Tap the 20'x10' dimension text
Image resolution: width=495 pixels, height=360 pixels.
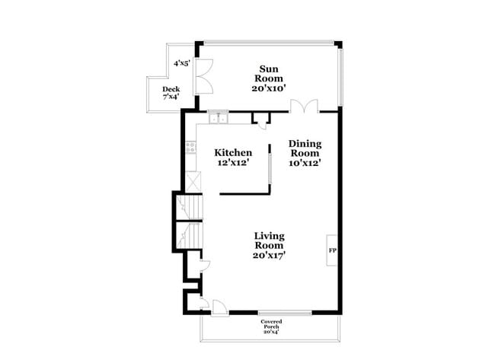pos(270,88)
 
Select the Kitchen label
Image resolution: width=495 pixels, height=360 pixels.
pos(233,152)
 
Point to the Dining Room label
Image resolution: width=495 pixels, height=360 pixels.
pos(305,148)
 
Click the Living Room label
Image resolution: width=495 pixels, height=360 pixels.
pos(270,241)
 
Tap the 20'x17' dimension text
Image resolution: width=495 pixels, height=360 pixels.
pos(270,256)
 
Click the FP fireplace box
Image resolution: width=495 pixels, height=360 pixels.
pos(333,250)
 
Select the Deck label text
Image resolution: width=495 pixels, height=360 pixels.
pos(171,90)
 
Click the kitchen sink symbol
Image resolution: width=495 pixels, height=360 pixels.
pos(219,118)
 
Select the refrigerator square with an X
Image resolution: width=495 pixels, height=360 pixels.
pos(192,183)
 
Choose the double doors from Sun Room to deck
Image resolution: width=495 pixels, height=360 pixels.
pos(203,77)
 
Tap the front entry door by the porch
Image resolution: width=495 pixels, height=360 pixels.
pos(217,307)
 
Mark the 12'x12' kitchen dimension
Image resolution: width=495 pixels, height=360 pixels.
pos(233,162)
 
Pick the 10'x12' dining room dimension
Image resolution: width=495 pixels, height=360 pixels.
pos(305,162)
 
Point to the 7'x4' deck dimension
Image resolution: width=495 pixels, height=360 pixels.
pos(171,97)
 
